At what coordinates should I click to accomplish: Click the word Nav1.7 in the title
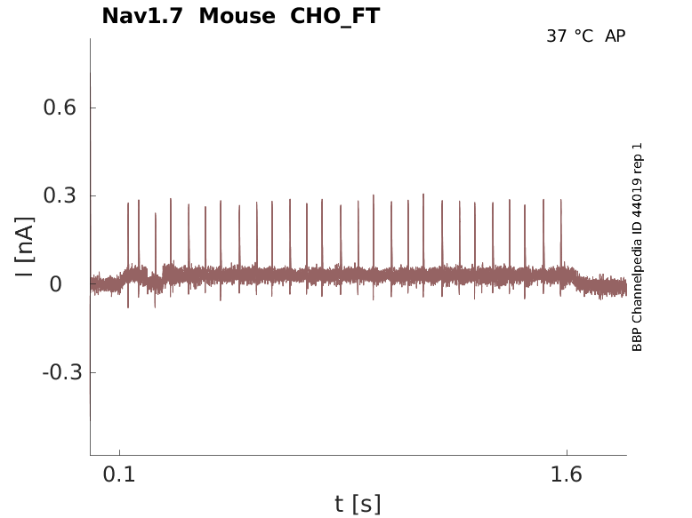141,16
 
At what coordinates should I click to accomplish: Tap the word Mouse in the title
237,16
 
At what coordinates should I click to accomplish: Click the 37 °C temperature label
569,36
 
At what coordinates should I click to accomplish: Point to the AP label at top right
616,36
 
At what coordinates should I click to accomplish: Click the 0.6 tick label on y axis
60,108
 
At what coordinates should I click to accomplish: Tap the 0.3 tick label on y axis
60,195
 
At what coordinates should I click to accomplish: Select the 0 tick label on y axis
55,284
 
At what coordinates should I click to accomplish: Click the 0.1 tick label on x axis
119,474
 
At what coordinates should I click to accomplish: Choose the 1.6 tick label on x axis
567,474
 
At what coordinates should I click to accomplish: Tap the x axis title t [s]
358,505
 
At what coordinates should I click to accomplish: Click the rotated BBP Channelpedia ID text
637,247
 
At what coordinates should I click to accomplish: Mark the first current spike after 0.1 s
128,204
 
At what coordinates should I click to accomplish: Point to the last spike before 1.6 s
561,201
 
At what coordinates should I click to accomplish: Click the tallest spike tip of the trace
423,195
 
